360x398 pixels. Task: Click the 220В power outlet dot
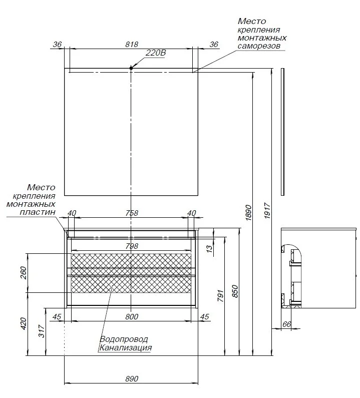(131, 68)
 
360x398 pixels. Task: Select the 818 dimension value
(132, 45)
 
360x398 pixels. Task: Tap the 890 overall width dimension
(132, 378)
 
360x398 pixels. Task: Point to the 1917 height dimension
(267, 210)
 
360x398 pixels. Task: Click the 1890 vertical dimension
(248, 212)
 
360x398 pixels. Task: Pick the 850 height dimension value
(235, 291)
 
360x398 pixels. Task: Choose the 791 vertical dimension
(220, 296)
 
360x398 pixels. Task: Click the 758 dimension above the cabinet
(132, 213)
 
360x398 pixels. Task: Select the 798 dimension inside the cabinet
(132, 246)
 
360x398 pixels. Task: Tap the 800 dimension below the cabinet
(132, 316)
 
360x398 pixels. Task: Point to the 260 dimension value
(24, 273)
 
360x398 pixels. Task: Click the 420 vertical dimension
(24, 323)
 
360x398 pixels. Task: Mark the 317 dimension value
(42, 331)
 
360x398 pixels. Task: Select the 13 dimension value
(209, 249)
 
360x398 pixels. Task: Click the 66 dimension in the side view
(286, 324)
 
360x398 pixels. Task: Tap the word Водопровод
(124, 339)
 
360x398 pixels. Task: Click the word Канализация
(125, 347)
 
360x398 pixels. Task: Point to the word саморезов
(259, 46)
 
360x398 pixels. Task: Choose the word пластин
(38, 212)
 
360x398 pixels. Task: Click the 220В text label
(156, 53)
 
